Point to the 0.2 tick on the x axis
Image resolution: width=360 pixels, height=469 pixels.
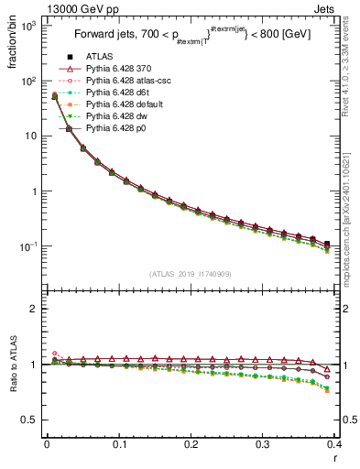tap(191, 445)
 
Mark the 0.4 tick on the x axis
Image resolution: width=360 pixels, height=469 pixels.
tap(334, 445)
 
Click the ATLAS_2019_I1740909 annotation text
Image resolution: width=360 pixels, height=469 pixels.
tap(191, 273)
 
